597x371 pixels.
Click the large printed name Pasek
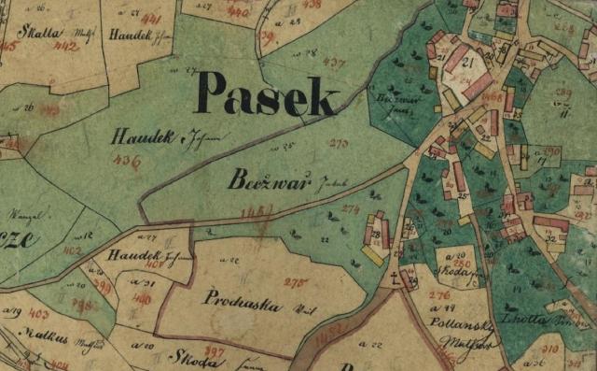[x=266, y=95]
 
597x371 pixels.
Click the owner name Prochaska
[x=241, y=301]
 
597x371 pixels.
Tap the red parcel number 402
[x=73, y=250]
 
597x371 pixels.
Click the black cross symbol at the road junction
[x=396, y=277]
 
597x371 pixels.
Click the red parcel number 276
[x=439, y=295]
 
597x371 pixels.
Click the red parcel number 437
[x=333, y=62]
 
